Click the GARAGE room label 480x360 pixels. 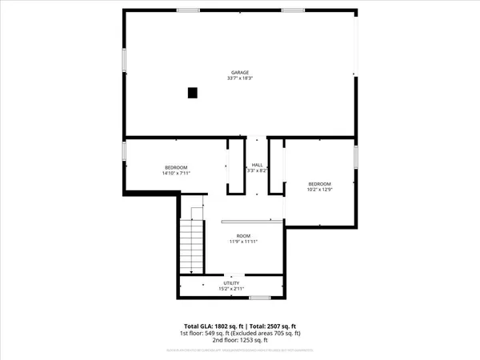pyautogui.click(x=240, y=72)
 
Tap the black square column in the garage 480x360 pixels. pyautogui.click(x=192, y=93)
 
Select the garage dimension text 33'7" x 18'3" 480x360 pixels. pyautogui.click(x=240, y=78)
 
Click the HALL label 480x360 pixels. pyautogui.click(x=257, y=164)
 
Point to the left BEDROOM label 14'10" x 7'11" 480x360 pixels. pyautogui.click(x=176, y=166)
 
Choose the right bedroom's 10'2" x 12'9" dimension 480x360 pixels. pyautogui.click(x=320, y=190)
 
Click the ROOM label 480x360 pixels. pyautogui.click(x=243, y=235)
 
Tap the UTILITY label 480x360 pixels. pyautogui.click(x=230, y=283)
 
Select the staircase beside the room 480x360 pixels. pyautogui.click(x=192, y=245)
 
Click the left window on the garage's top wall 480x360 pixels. pyautogui.click(x=188, y=10)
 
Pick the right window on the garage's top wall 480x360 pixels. pyautogui.click(x=292, y=10)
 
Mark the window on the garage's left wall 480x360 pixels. pyautogui.click(x=124, y=60)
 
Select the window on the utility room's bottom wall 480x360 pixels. pyautogui.click(x=261, y=298)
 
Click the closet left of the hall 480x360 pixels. pyautogui.click(x=235, y=166)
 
